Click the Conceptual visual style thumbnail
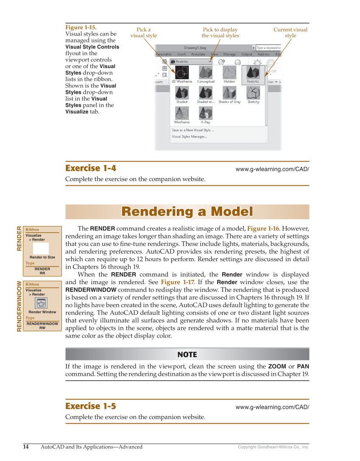tap(206, 73)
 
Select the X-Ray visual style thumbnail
tap(206, 113)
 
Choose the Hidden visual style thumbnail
tap(229, 73)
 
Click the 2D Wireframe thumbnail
tap(182, 73)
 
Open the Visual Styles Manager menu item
tap(190, 137)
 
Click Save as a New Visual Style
tap(193, 130)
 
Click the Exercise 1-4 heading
tap(91, 168)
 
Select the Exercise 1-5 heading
tap(91, 406)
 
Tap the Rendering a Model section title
tap(187, 212)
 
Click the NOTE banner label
tap(187, 355)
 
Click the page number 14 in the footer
tap(26, 447)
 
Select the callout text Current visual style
tap(290, 33)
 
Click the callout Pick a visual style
tap(143, 33)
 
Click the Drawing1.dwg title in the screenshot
tap(195, 48)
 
